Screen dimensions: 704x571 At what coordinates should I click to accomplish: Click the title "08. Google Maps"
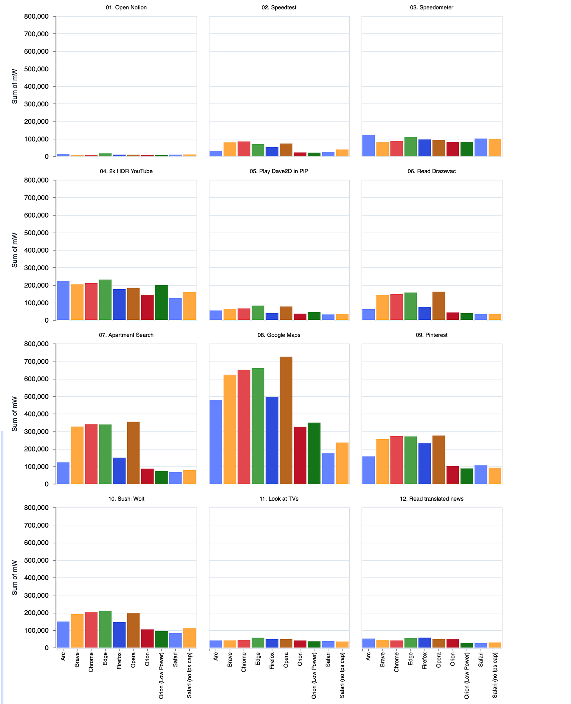point(279,335)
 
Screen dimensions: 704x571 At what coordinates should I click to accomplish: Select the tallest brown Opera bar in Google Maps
point(286,420)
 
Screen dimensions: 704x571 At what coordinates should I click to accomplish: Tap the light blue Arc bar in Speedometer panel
point(368,145)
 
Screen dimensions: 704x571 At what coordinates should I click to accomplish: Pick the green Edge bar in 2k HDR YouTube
point(105,300)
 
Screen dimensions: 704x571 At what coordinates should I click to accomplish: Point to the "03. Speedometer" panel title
point(432,7)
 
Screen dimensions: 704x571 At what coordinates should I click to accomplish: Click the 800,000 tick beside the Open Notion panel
point(37,16)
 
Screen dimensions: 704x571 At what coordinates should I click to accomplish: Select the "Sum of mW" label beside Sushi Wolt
point(15,577)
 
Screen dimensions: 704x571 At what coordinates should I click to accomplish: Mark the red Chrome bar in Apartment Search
point(91,454)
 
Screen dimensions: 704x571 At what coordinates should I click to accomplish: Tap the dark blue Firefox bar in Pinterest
point(425,464)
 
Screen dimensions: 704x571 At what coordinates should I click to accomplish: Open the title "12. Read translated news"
point(432,499)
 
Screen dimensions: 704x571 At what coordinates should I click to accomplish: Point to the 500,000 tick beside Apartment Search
point(37,396)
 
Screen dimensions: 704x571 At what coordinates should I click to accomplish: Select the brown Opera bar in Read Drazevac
point(438,306)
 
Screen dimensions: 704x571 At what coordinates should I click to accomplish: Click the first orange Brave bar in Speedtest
point(230,149)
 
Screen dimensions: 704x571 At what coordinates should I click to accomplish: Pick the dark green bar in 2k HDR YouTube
point(161,302)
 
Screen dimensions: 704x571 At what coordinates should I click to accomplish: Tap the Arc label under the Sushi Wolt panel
point(63,656)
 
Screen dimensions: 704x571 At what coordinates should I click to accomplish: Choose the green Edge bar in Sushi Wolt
point(105,629)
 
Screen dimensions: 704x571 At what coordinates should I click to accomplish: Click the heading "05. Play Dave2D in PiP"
point(279,171)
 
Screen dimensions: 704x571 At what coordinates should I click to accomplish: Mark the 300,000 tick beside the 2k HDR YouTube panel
point(37,268)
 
